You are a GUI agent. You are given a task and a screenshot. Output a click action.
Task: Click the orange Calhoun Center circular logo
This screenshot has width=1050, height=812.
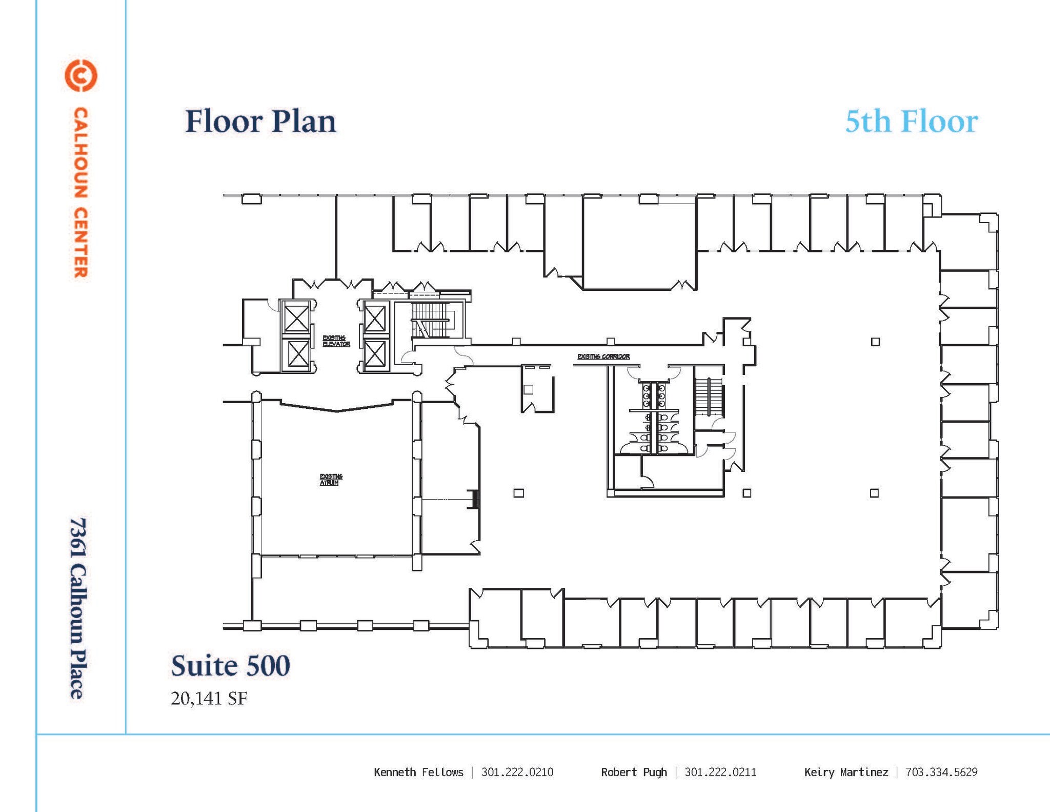click(80, 75)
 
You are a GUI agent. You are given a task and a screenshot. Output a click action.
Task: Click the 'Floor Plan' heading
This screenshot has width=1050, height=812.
click(260, 122)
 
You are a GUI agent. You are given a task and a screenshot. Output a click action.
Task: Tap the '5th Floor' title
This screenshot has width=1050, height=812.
click(911, 122)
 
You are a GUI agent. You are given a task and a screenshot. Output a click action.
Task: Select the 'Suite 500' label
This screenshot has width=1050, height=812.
click(230, 665)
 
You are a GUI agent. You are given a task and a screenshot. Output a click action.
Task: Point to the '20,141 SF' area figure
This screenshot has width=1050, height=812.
click(209, 698)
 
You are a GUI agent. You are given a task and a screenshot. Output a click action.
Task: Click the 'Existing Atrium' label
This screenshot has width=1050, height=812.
click(331, 480)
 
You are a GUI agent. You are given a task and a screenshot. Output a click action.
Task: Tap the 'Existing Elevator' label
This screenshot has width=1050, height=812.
click(336, 341)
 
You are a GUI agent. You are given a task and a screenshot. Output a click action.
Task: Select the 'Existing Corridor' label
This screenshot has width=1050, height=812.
click(603, 357)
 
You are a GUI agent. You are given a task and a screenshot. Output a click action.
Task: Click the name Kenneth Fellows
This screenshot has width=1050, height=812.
click(418, 772)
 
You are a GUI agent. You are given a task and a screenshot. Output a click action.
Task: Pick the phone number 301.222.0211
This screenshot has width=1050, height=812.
click(720, 772)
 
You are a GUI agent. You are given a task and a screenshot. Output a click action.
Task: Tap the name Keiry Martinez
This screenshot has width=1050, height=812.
click(846, 772)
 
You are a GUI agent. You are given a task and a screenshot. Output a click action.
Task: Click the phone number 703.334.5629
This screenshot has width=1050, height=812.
click(941, 772)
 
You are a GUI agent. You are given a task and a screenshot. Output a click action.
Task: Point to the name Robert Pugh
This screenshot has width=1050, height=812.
click(634, 772)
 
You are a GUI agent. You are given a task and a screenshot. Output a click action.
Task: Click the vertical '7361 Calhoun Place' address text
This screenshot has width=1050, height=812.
click(78, 608)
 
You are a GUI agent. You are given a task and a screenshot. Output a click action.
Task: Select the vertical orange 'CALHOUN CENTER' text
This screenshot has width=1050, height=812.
click(80, 192)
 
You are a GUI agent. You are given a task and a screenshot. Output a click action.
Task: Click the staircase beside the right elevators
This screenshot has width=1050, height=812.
click(431, 320)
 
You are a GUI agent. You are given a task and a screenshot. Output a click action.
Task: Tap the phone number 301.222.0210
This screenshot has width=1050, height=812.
click(517, 772)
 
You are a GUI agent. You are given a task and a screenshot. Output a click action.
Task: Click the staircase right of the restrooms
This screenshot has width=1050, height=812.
click(709, 398)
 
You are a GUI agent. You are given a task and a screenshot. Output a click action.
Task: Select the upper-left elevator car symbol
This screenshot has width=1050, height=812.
click(297, 318)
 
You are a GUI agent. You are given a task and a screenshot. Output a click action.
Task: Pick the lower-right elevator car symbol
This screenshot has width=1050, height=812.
click(375, 354)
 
